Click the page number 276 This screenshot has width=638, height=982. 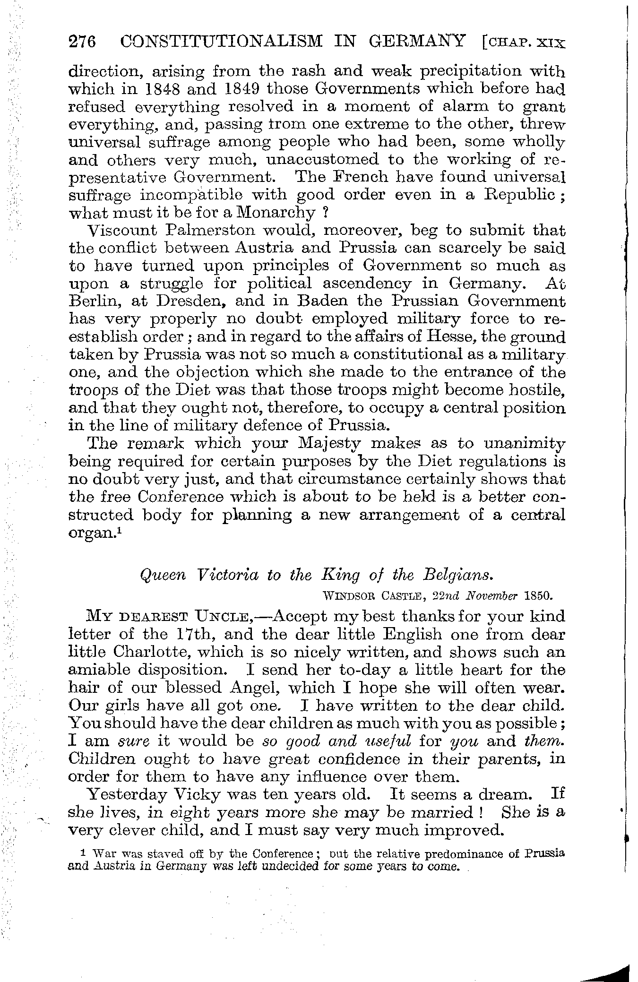[83, 42]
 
